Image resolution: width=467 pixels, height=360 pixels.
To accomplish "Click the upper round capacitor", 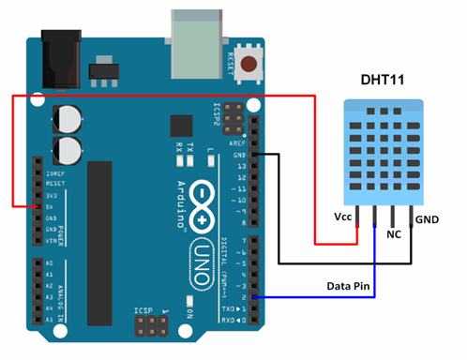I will (68, 117).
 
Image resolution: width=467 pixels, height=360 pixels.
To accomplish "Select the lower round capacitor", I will (68, 148).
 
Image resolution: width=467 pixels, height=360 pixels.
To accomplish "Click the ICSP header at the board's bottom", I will (151, 326).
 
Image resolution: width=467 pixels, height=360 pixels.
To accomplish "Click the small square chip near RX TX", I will (179, 125).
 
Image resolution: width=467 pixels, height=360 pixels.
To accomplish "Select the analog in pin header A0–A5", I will (37, 291).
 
